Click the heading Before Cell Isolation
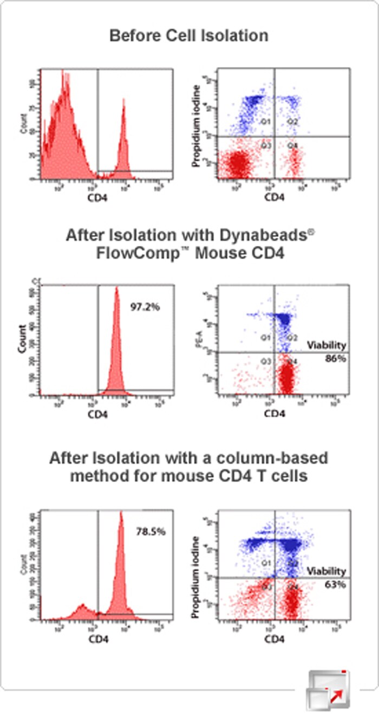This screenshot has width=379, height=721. pos(189,36)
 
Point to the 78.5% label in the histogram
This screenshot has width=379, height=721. pos(151,531)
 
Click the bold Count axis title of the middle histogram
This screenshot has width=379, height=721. pos(22,338)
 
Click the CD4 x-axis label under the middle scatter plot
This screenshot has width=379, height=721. pos(275,414)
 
